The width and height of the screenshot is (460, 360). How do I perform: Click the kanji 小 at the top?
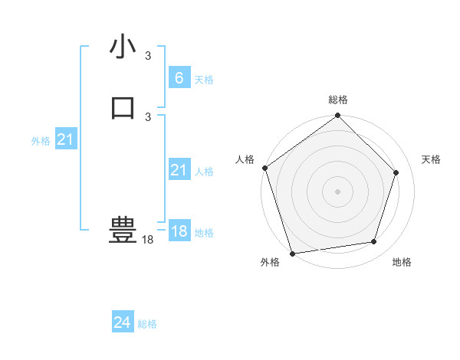click(x=123, y=47)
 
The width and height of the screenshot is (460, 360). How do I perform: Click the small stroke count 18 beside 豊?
click(x=147, y=240)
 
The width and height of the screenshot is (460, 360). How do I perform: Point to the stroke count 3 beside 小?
click(x=148, y=56)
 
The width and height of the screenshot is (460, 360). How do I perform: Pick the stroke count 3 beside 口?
click(x=148, y=116)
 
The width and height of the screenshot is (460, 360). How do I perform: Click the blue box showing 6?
click(x=179, y=78)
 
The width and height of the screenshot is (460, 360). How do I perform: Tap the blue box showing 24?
click(x=122, y=323)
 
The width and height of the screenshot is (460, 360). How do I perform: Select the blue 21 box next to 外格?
click(x=65, y=139)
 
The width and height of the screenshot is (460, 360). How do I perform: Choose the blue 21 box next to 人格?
click(x=179, y=171)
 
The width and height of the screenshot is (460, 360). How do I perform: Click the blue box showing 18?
click(x=179, y=231)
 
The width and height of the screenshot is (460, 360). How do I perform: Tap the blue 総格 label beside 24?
click(x=147, y=324)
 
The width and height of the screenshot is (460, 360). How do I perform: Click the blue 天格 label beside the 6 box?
click(x=204, y=79)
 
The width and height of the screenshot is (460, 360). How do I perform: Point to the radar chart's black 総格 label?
click(x=338, y=100)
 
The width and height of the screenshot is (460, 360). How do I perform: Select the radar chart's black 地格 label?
click(x=402, y=262)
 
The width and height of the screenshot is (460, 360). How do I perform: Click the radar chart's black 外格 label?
click(x=270, y=262)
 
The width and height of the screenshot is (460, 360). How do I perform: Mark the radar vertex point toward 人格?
click(x=265, y=168)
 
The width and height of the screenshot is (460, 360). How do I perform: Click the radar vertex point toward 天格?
click(x=396, y=172)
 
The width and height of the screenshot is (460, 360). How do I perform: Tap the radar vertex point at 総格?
click(x=338, y=116)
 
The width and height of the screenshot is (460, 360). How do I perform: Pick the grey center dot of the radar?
click(x=337, y=191)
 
